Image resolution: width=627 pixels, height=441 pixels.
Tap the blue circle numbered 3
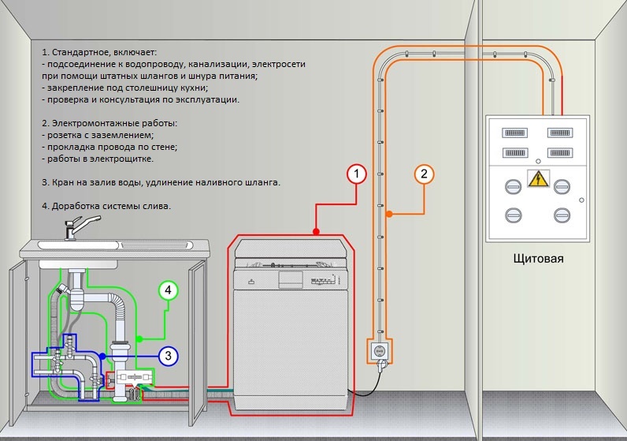tap(168, 356)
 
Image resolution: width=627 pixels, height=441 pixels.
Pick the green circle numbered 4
tap(167, 290)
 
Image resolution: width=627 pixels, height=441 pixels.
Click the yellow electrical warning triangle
tap(537, 178)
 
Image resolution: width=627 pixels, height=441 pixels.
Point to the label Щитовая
tap(538, 258)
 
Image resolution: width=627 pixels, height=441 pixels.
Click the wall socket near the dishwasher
tap(379, 349)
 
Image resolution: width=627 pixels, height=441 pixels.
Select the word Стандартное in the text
tap(84, 49)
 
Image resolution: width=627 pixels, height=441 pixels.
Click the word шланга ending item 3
tap(258, 183)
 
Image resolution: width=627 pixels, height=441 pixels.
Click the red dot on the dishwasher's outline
tap(316, 232)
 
